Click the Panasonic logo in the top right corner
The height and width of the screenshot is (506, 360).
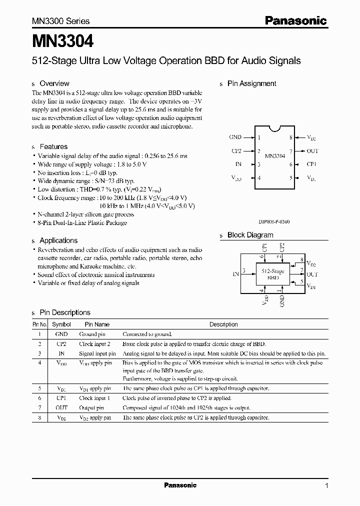click(x=295, y=20)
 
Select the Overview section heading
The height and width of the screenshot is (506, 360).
click(x=54, y=83)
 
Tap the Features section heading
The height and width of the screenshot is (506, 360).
click(x=53, y=146)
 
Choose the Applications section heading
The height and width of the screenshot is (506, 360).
click(x=58, y=240)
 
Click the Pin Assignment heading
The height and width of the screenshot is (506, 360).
click(x=251, y=83)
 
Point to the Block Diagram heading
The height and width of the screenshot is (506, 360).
click(x=250, y=235)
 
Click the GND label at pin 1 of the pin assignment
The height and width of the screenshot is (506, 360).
click(x=235, y=137)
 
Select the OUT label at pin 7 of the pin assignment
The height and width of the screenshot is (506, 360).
click(x=312, y=150)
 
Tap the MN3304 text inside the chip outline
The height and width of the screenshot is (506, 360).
click(x=274, y=156)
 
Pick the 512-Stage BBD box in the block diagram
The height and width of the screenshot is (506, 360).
click(x=273, y=274)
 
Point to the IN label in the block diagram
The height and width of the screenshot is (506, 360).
click(x=235, y=274)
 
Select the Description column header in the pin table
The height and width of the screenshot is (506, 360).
click(x=223, y=324)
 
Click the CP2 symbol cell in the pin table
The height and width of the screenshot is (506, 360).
click(x=61, y=344)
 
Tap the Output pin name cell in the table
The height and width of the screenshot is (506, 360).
click(x=90, y=407)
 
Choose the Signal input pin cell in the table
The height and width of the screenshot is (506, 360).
click(x=97, y=353)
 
